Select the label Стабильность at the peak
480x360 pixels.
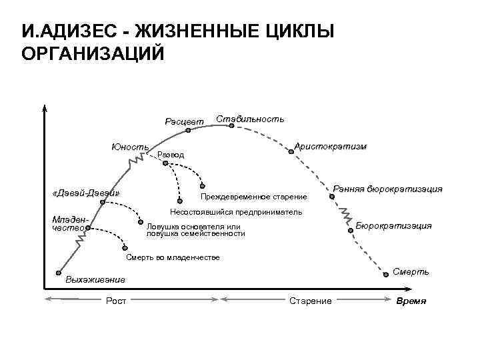click(250, 119)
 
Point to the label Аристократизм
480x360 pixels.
click(331, 145)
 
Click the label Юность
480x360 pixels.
click(131, 147)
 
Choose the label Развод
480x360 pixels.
click(171, 155)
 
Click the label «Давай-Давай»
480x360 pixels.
click(85, 193)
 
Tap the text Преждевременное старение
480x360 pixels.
click(254, 197)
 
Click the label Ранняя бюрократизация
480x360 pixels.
click(387, 189)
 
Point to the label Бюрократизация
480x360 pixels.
click(394, 225)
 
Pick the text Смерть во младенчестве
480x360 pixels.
click(173, 257)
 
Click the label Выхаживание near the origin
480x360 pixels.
click(95, 279)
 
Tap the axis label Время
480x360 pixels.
click(411, 301)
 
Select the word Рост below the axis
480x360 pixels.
click(116, 301)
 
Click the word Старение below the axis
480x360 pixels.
click(311, 301)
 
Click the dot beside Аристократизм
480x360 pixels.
click(291, 151)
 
